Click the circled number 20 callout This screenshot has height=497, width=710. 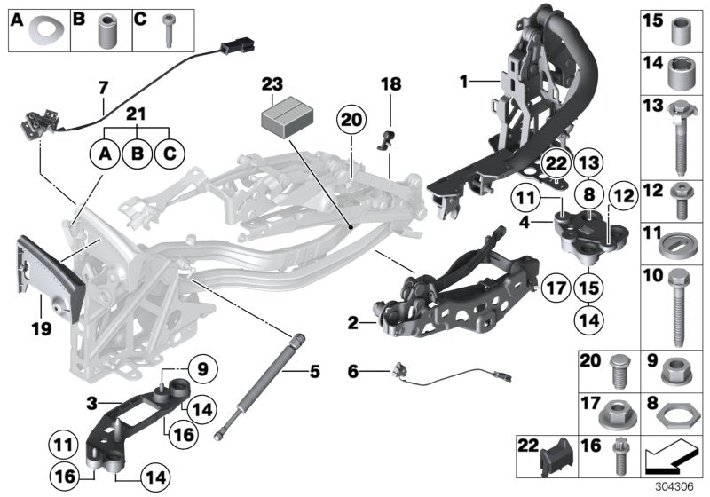(351, 120)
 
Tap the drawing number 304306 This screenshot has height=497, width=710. (677, 485)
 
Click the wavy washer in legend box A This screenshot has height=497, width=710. (39, 32)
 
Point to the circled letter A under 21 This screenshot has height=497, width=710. (105, 154)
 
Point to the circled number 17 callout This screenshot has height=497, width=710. (555, 287)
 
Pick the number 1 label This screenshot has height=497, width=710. (463, 82)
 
